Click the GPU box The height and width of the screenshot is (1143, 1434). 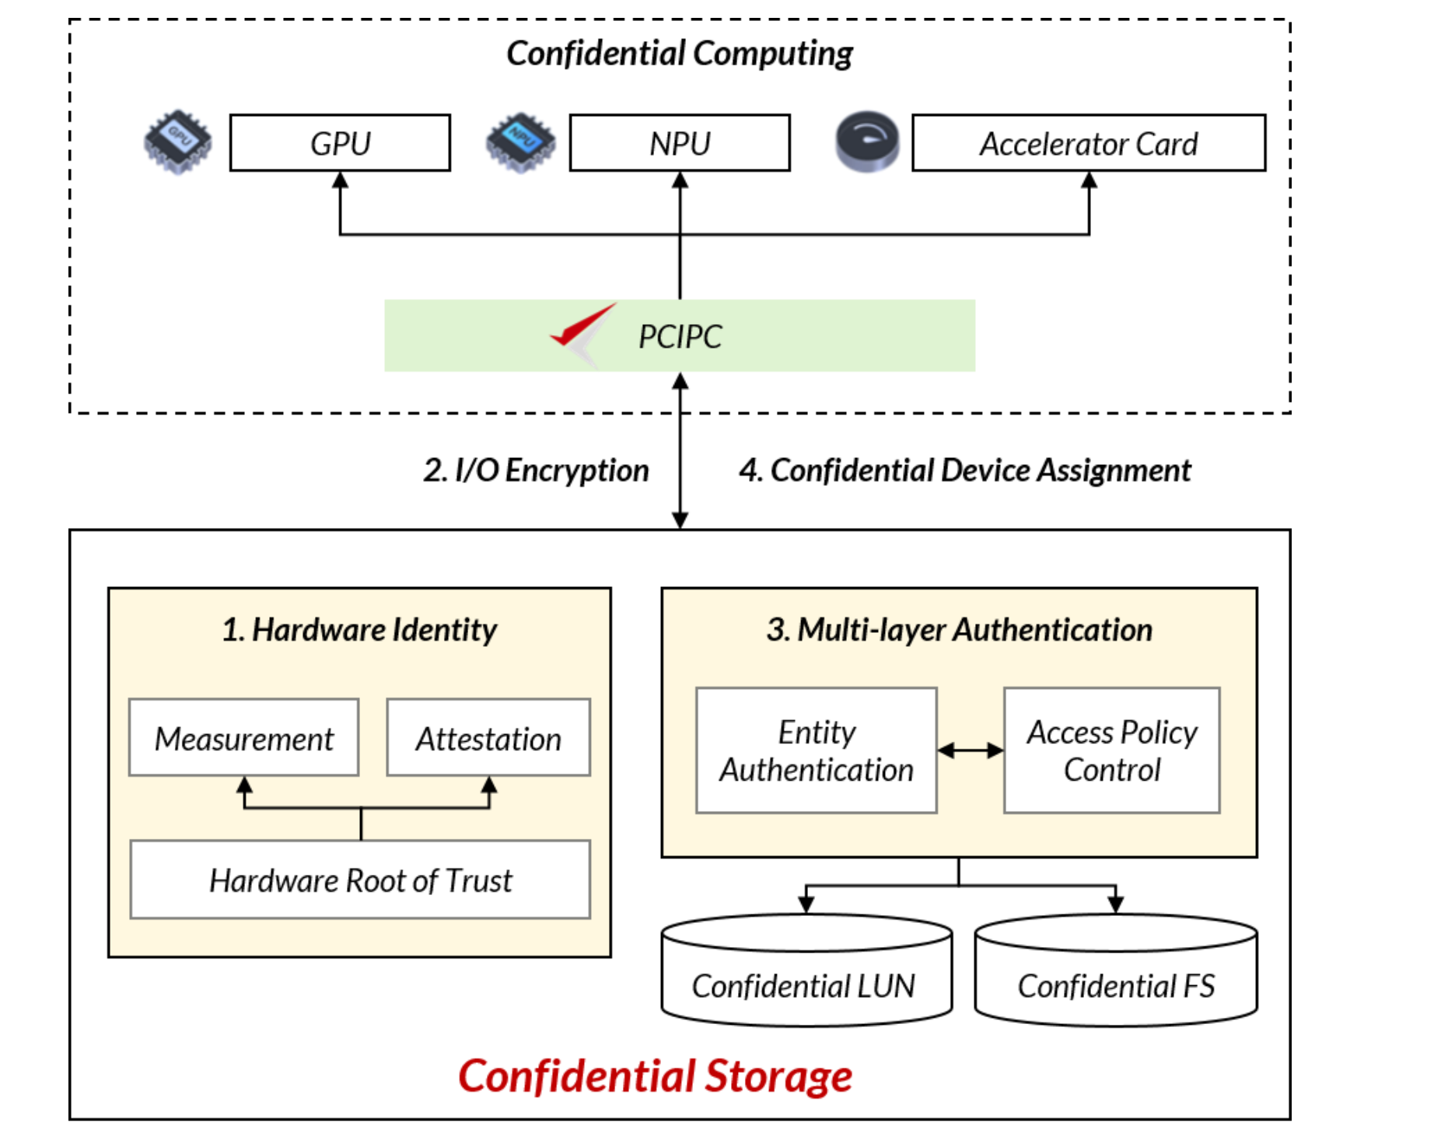click(340, 143)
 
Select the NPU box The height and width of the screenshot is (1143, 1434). click(680, 143)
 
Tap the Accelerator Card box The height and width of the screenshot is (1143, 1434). click(1088, 143)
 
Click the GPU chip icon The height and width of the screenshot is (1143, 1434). click(178, 142)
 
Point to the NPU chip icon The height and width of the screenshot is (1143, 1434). click(520, 142)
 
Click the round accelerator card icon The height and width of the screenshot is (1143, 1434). click(867, 142)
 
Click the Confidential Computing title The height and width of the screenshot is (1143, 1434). click(679, 54)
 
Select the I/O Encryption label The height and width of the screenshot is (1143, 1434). click(536, 470)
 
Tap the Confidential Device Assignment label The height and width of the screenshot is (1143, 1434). click(964, 470)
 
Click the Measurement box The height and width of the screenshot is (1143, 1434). click(243, 738)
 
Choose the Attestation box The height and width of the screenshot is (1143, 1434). click(488, 738)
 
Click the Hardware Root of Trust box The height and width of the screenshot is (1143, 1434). click(360, 879)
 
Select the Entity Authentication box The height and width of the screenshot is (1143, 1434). click(816, 750)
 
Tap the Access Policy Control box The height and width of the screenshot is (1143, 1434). click(1111, 750)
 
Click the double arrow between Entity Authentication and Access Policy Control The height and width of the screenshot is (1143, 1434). click(971, 750)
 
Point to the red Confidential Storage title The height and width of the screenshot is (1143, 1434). click(655, 1076)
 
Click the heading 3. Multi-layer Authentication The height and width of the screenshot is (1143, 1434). click(959, 630)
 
